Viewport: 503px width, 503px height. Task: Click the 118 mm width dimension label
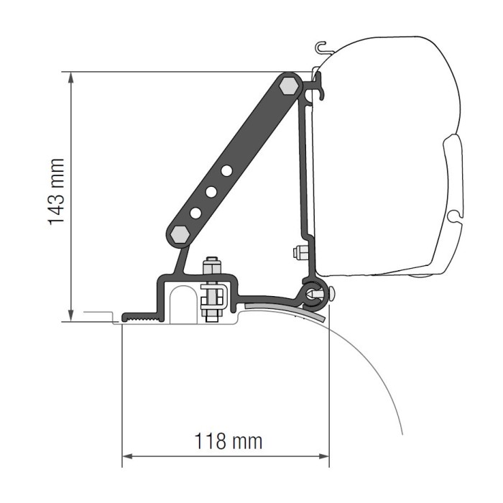pyautogui.click(x=227, y=440)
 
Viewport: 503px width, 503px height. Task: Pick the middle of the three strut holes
pyautogui.click(x=211, y=191)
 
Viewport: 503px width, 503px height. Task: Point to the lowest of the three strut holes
pyautogui.click(x=195, y=212)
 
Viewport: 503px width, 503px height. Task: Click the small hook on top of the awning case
pyautogui.click(x=321, y=50)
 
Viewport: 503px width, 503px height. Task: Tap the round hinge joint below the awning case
pyautogui.click(x=315, y=292)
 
